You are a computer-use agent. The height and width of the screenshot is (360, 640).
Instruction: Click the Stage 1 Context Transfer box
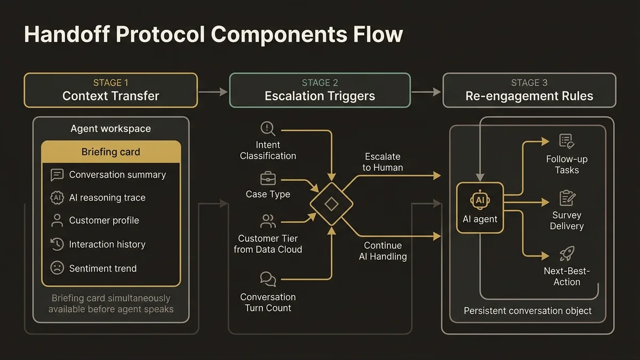pyautogui.click(x=110, y=90)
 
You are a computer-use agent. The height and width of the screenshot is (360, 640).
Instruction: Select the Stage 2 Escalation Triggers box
pyautogui.click(x=320, y=90)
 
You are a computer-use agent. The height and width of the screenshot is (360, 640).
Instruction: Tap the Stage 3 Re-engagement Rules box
pyautogui.click(x=529, y=90)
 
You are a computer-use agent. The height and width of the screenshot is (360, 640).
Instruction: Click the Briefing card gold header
pyautogui.click(x=111, y=152)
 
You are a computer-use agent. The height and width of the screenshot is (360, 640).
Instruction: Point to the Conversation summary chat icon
pyautogui.click(x=57, y=175)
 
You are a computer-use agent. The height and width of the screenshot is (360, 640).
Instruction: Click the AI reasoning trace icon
pyautogui.click(x=57, y=198)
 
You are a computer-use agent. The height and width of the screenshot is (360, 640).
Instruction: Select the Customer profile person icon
pyautogui.click(x=57, y=221)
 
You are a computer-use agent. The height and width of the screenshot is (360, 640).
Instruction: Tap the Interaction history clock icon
pyautogui.click(x=57, y=244)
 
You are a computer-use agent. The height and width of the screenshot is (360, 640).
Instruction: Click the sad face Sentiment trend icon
pyautogui.click(x=57, y=268)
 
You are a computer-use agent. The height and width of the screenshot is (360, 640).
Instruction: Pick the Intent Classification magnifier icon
pyautogui.click(x=267, y=129)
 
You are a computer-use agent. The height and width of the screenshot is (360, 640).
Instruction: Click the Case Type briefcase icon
pyautogui.click(x=267, y=178)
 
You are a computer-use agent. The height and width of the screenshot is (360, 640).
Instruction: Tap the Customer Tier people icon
pyautogui.click(x=268, y=221)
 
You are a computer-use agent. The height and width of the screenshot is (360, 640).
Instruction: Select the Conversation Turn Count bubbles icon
pyautogui.click(x=268, y=279)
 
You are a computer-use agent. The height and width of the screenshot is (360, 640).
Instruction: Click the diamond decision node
pyautogui.click(x=331, y=204)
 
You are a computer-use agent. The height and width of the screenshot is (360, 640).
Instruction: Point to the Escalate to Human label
pyautogui.click(x=382, y=162)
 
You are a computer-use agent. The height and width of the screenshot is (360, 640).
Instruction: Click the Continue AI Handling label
pyautogui.click(x=382, y=251)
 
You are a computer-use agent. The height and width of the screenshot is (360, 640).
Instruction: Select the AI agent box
pyautogui.click(x=480, y=207)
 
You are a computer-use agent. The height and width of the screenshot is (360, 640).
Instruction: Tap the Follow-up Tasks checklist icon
pyautogui.click(x=566, y=141)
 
